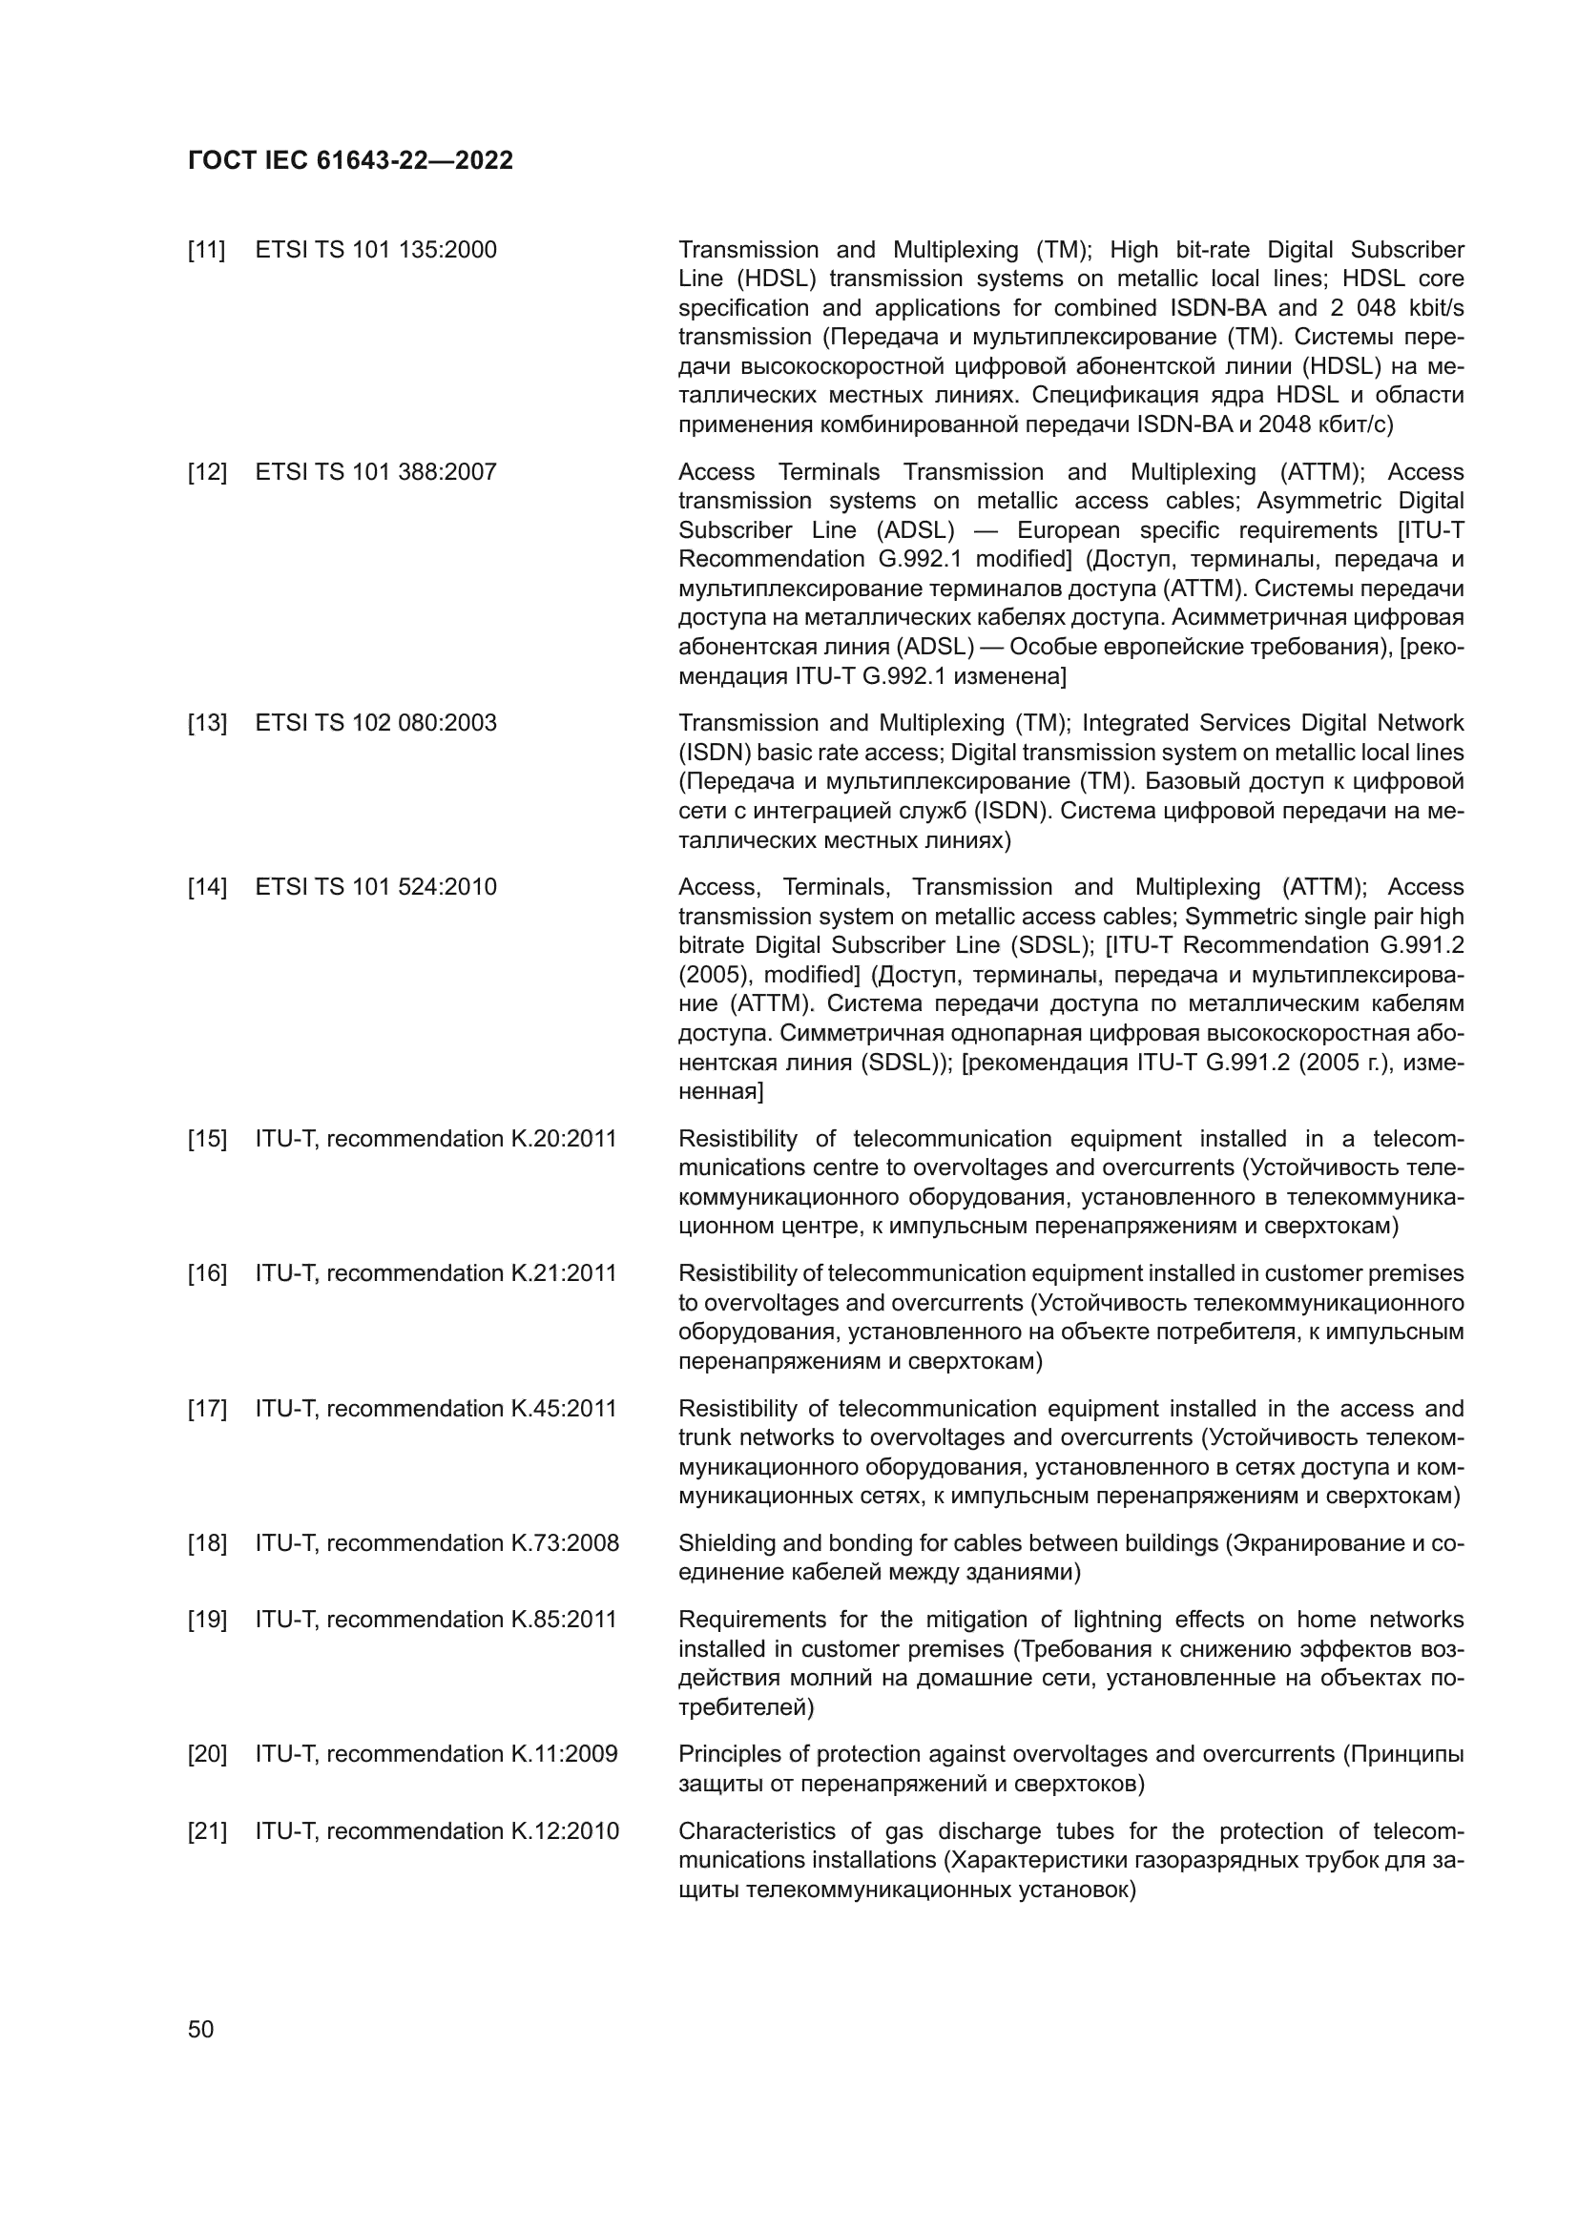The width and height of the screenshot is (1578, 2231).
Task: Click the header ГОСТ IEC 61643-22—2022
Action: point(350,160)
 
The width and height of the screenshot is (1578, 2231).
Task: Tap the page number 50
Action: point(200,2029)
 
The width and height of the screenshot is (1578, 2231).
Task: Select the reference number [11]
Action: point(206,250)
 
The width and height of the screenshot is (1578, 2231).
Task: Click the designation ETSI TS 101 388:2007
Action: point(375,472)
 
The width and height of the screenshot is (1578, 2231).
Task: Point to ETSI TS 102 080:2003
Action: point(375,723)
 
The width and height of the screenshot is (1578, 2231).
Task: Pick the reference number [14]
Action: point(206,887)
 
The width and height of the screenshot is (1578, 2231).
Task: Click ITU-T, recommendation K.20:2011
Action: point(435,1139)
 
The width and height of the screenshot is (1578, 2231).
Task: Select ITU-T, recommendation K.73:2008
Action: point(436,1544)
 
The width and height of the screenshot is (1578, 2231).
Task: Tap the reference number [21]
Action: point(206,1832)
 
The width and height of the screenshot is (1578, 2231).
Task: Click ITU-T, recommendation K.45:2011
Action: point(435,1409)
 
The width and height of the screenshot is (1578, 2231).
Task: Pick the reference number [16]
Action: point(206,1274)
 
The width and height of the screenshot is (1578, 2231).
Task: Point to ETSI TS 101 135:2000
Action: point(375,250)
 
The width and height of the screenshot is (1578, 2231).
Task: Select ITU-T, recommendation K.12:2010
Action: point(436,1832)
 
